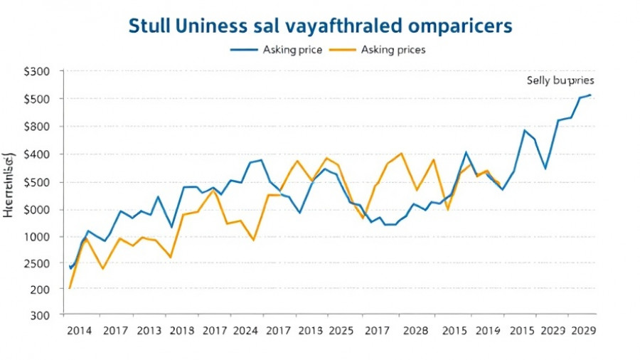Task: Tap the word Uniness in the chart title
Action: [x=210, y=25]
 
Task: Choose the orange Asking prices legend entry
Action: [x=393, y=50]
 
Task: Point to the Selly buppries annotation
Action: [x=560, y=80]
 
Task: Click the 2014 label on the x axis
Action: [x=79, y=331]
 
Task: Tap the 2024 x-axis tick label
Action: [x=245, y=331]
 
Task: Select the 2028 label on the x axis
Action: [x=415, y=331]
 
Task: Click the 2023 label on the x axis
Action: [x=553, y=331]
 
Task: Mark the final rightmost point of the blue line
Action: [x=590, y=95]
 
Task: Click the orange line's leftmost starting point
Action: [x=70, y=287]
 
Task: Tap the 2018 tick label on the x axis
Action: [x=182, y=331]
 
